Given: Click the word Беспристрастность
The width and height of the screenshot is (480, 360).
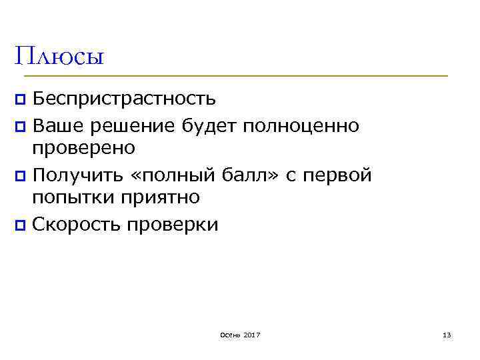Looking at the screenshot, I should pyautogui.click(x=124, y=99).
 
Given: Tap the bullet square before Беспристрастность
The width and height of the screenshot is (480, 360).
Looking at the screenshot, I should pyautogui.click(x=21, y=100).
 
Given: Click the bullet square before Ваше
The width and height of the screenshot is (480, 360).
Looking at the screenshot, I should pyautogui.click(x=21, y=125).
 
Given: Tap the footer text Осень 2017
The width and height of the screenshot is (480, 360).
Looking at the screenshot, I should pyautogui.click(x=239, y=334).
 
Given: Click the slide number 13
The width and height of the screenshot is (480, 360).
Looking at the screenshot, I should pyautogui.click(x=447, y=334).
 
